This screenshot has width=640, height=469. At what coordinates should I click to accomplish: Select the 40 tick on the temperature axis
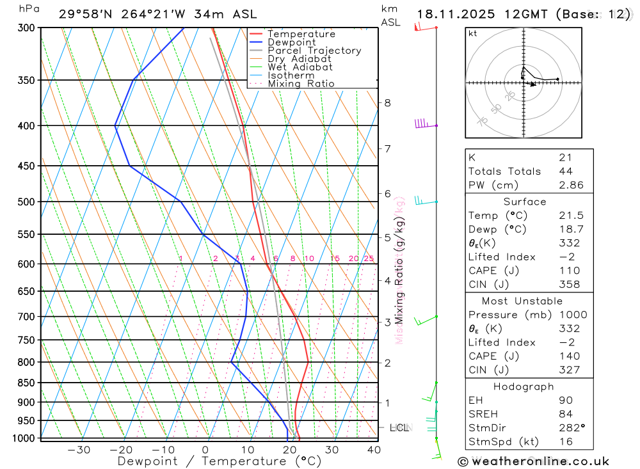click(x=374, y=450)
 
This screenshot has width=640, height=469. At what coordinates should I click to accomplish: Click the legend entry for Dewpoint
click(x=291, y=42)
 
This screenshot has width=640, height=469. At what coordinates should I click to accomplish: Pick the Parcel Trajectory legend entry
click(x=314, y=51)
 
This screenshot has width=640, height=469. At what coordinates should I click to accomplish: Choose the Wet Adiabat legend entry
click(x=300, y=67)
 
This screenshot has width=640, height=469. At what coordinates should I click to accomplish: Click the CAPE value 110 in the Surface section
click(x=568, y=271)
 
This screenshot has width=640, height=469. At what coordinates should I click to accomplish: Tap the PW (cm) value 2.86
click(x=570, y=185)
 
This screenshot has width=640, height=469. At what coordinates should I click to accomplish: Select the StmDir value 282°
click(x=569, y=428)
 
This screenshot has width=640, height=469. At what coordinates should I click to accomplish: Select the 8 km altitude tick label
click(x=387, y=103)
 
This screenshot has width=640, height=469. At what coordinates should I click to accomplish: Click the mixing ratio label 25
click(x=369, y=258)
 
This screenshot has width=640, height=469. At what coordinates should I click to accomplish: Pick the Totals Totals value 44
click(x=565, y=171)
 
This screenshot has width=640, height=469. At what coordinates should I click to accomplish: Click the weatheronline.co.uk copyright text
click(x=533, y=461)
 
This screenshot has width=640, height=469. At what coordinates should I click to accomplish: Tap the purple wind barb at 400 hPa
click(x=422, y=123)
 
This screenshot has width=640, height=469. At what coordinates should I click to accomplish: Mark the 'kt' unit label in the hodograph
click(x=473, y=34)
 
